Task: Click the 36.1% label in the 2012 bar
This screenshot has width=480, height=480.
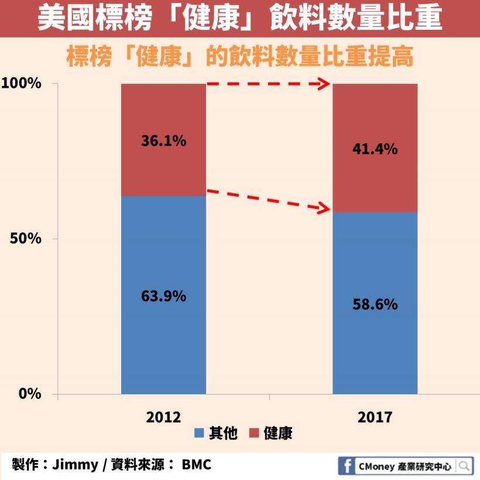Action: (x=163, y=140)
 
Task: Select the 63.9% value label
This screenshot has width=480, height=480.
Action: (x=163, y=296)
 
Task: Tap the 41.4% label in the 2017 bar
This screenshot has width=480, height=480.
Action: (x=375, y=149)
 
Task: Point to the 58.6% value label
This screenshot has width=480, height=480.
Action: (x=375, y=304)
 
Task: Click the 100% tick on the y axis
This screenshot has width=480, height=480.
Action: (x=22, y=84)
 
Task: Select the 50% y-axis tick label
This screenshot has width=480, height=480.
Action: (x=26, y=239)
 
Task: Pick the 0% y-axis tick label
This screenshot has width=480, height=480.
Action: (x=30, y=393)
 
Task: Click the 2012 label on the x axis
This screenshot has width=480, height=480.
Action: (x=163, y=417)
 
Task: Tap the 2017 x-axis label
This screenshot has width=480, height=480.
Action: (x=375, y=417)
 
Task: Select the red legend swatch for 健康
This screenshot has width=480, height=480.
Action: (x=254, y=434)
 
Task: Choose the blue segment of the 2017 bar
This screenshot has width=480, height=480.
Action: (x=375, y=351)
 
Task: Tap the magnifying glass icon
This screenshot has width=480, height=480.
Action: (x=464, y=466)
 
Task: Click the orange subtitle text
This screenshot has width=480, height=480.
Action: (x=240, y=57)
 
